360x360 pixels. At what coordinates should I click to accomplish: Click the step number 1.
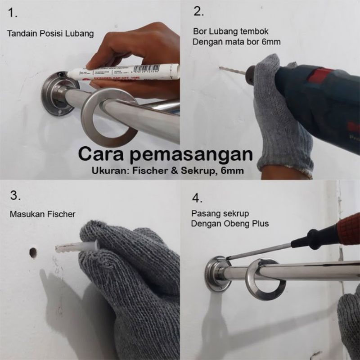[13, 13]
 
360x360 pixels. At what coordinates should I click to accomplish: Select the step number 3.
[15, 196]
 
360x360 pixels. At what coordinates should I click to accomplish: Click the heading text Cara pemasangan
[165, 154]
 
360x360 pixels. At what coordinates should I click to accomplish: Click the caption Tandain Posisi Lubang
[51, 33]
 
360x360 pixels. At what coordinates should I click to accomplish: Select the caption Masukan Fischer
[42, 214]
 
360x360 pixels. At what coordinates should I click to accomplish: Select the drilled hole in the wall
[33, 252]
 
